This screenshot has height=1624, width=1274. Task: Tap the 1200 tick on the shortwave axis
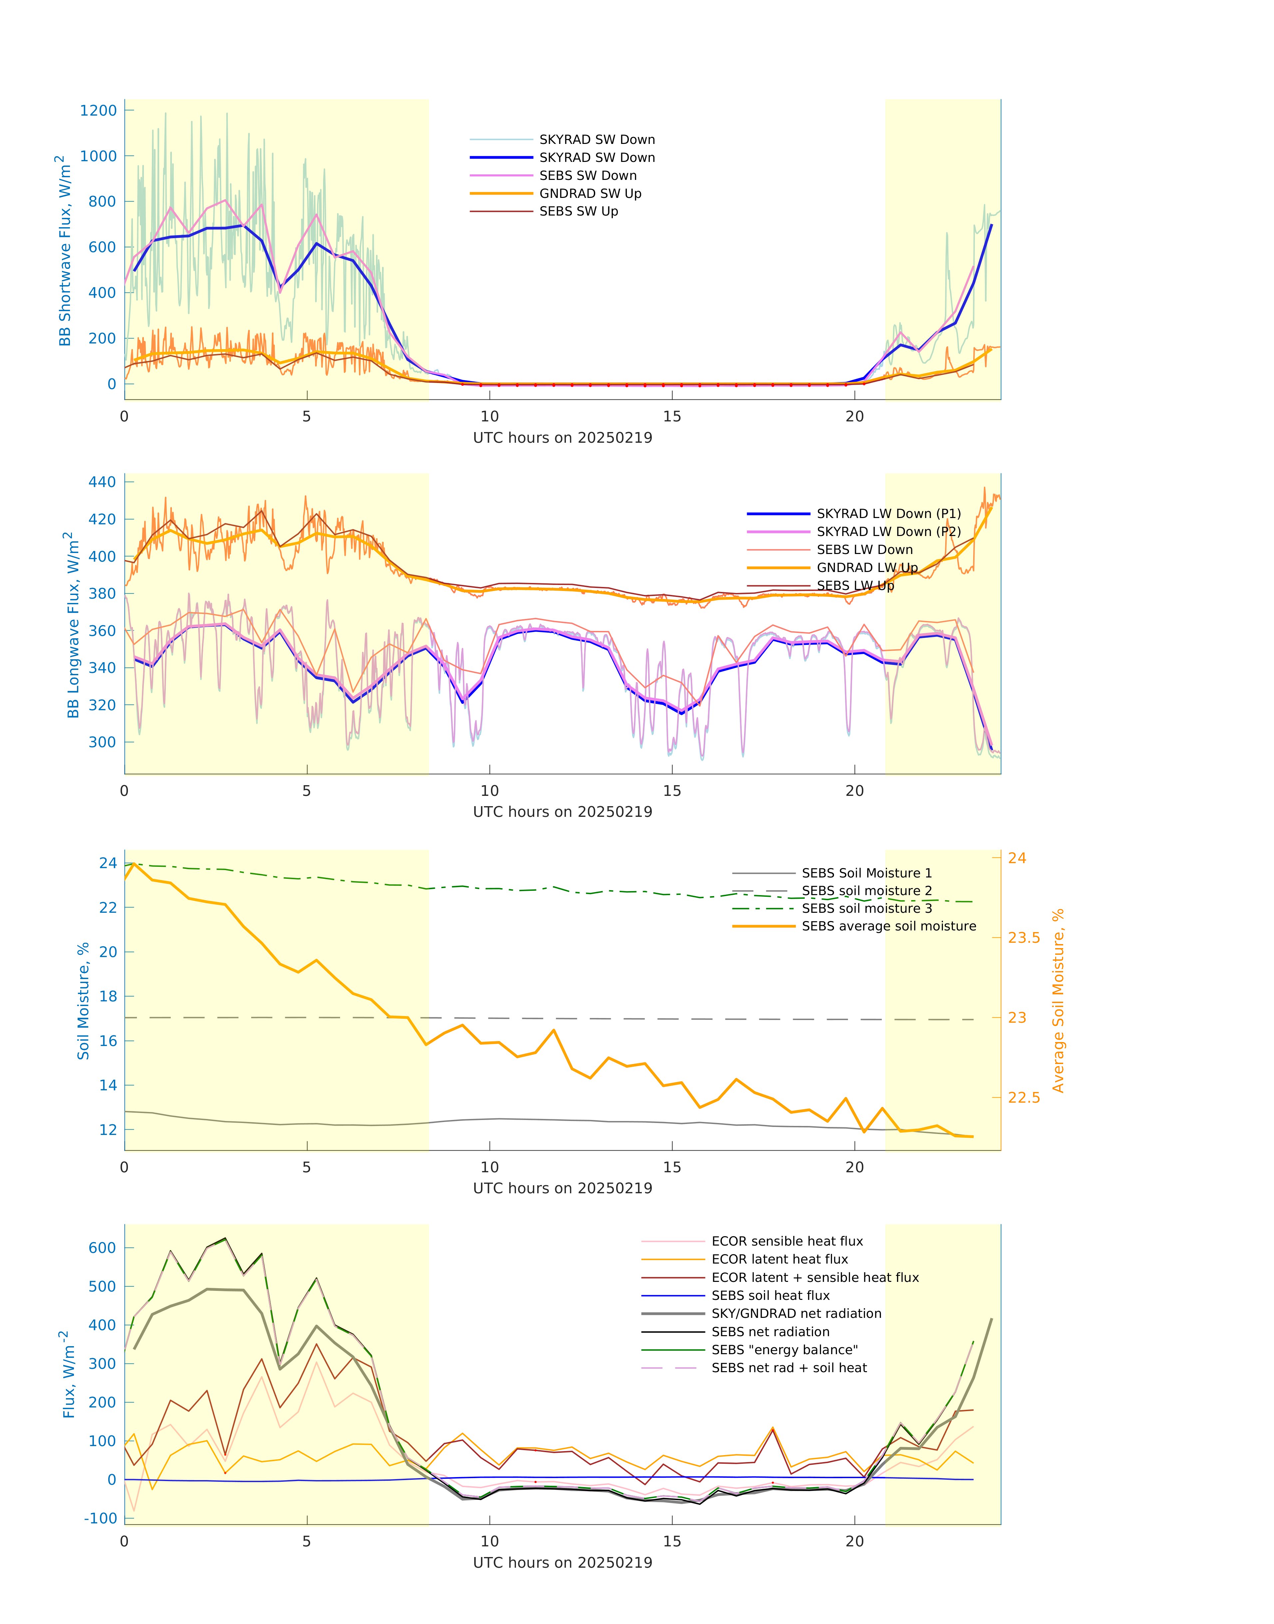click(99, 110)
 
